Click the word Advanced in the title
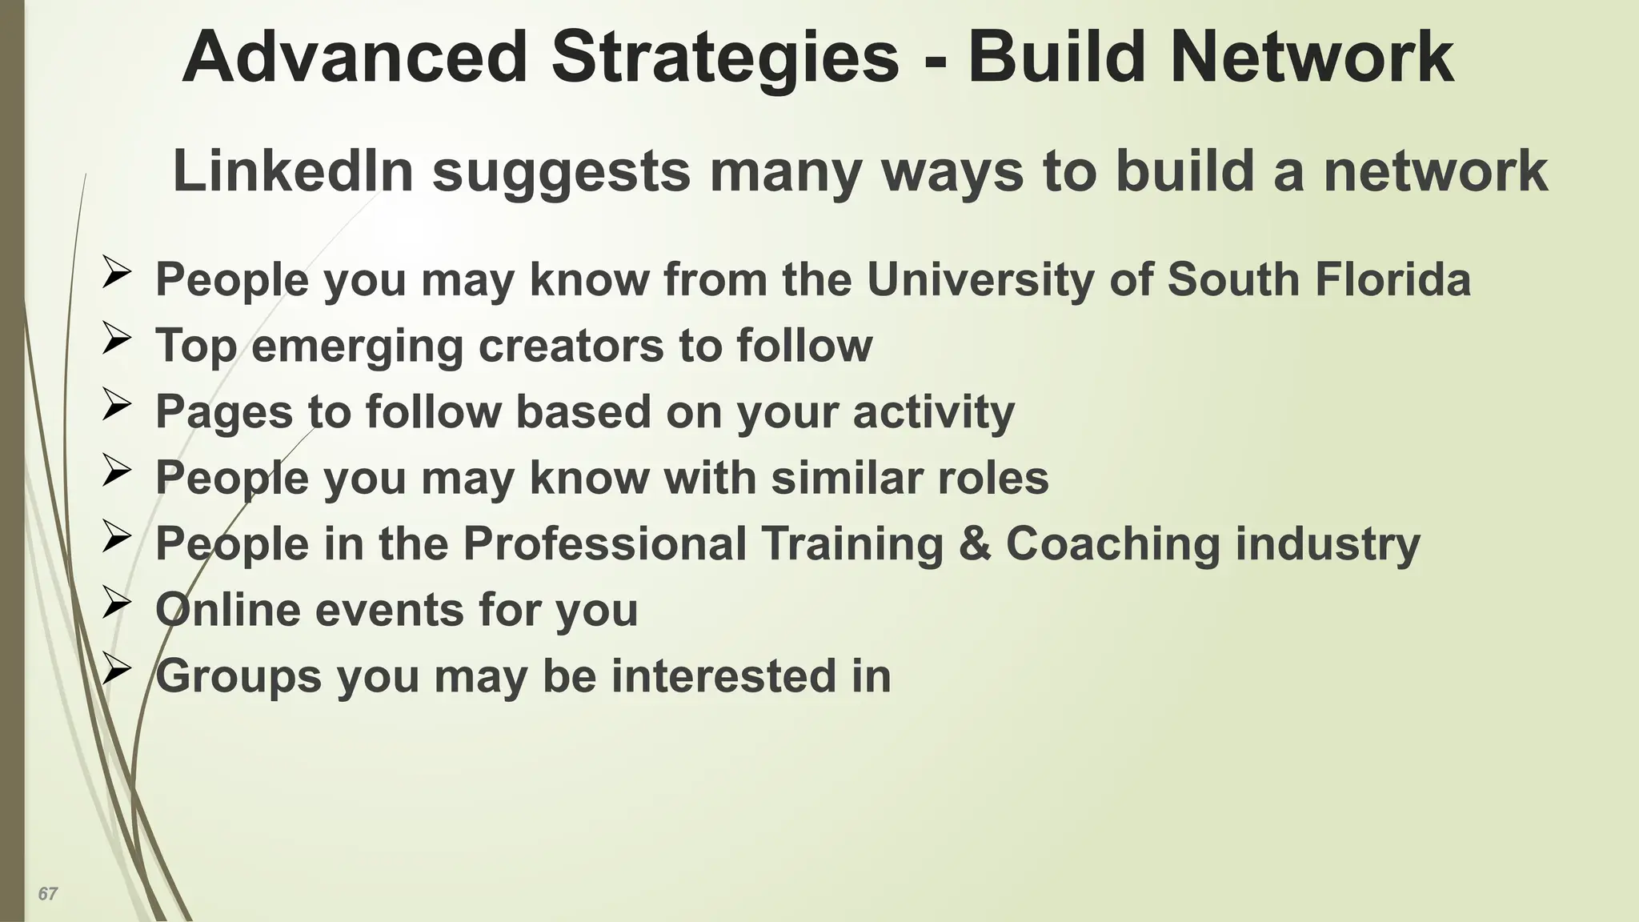(355, 58)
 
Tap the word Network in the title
(1312, 58)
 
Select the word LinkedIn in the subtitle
(293, 171)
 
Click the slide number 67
(48, 893)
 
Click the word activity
(933, 412)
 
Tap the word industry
(1328, 544)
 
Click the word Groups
(238, 676)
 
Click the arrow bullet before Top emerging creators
(116, 339)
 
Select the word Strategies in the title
(726, 58)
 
